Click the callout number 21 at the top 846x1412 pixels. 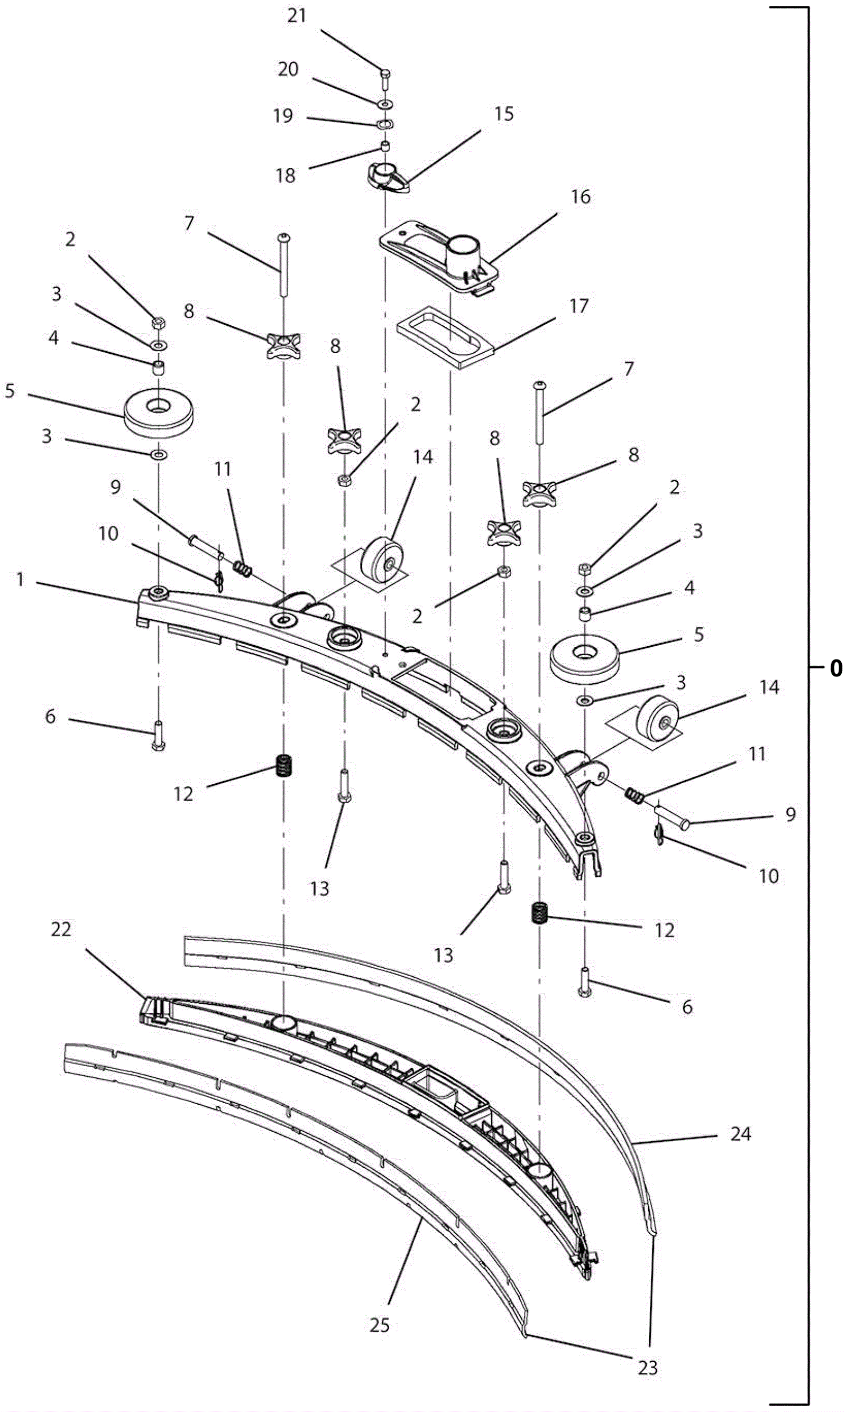tap(297, 16)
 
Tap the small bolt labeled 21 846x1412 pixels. tap(385, 78)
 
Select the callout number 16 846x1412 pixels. tap(581, 197)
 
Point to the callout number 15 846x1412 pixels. tap(503, 114)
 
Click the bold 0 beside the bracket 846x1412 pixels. tap(836, 668)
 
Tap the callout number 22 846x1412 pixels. tap(61, 930)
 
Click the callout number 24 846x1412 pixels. tap(741, 1134)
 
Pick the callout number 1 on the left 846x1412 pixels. tap(21, 580)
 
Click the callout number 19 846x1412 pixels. tap(283, 116)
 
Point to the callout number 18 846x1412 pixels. tap(286, 176)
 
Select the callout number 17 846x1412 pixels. tap(578, 307)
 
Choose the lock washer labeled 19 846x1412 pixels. tap(386, 124)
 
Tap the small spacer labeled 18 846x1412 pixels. tap(385, 147)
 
